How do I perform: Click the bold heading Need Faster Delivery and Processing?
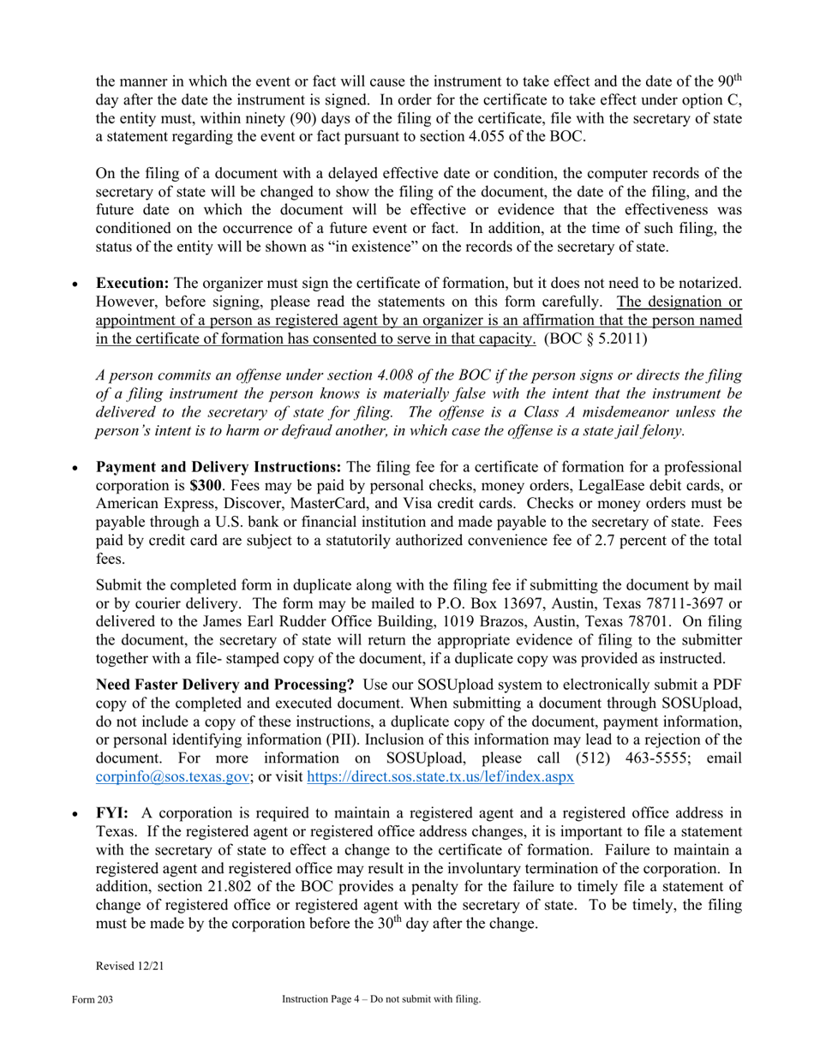coord(225,685)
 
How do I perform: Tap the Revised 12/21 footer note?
coord(129,966)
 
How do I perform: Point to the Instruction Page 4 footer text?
coord(381,999)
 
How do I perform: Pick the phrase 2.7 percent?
coord(623,539)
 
